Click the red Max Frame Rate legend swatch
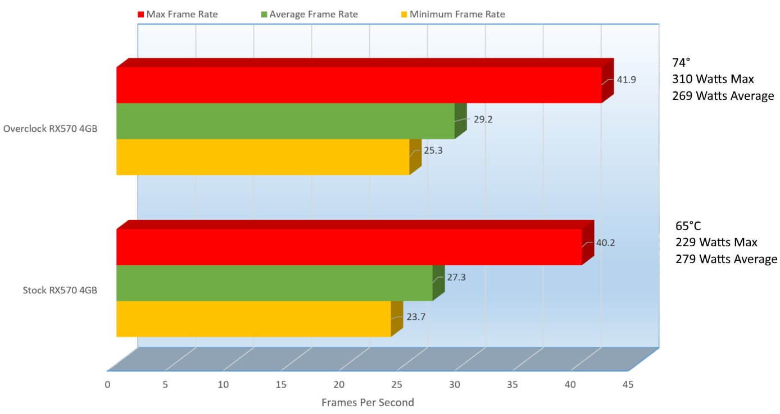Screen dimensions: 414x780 pyautogui.click(x=141, y=15)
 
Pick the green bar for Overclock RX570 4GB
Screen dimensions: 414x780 pyautogui.click(x=285, y=121)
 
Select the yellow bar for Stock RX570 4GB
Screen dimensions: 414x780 pyautogui.click(x=253, y=319)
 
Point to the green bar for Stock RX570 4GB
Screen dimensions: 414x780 pyautogui.click(x=274, y=283)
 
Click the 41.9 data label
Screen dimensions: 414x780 pyautogui.click(x=626, y=80)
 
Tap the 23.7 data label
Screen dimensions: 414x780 pyautogui.click(x=416, y=316)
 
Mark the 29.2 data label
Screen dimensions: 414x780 pyautogui.click(x=483, y=119)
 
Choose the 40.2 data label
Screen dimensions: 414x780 pyautogui.click(x=605, y=243)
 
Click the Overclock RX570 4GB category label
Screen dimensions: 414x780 pyautogui.click(x=50, y=128)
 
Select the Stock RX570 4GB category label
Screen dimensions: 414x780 pyautogui.click(x=60, y=290)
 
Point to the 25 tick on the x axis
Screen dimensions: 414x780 pyautogui.click(x=397, y=385)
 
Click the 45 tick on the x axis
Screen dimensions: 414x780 pyautogui.click(x=628, y=385)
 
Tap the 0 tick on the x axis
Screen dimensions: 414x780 pyautogui.click(x=107, y=385)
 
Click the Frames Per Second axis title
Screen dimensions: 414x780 pyautogui.click(x=368, y=402)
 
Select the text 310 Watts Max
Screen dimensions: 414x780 pyautogui.click(x=713, y=79)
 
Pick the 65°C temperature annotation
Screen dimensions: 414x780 pyautogui.click(x=688, y=226)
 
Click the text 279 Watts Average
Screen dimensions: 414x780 pyautogui.click(x=726, y=259)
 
